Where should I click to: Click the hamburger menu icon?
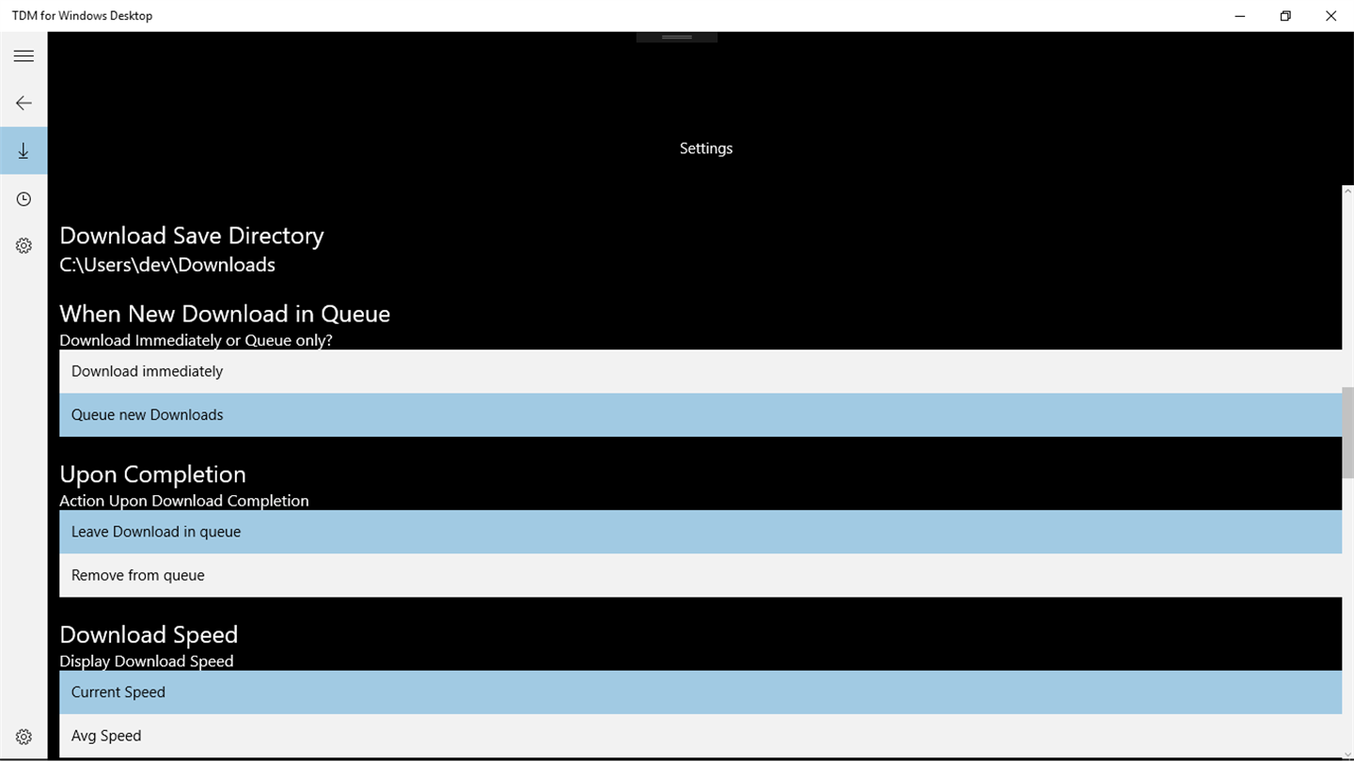click(x=24, y=56)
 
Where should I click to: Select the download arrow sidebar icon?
click(x=24, y=150)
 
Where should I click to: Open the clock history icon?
click(x=24, y=199)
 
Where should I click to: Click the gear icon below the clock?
click(x=24, y=246)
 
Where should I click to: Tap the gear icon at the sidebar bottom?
click(x=24, y=737)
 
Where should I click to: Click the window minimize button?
click(x=1239, y=16)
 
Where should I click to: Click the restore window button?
click(x=1285, y=16)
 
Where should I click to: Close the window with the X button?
click(x=1330, y=16)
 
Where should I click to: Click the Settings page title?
click(x=706, y=148)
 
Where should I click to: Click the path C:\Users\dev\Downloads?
click(x=167, y=265)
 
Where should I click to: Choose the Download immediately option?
click(x=701, y=371)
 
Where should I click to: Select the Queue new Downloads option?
click(x=701, y=415)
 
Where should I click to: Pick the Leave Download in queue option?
click(x=701, y=532)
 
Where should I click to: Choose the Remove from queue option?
click(x=701, y=576)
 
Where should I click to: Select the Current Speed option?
click(x=701, y=692)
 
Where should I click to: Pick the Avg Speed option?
click(x=701, y=736)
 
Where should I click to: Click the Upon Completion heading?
click(x=153, y=474)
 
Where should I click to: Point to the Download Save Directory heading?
click(x=192, y=236)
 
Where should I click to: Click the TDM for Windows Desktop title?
click(x=82, y=16)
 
